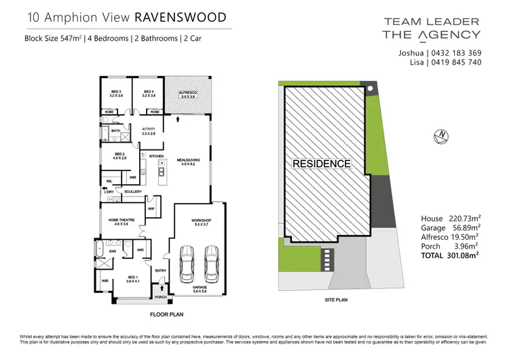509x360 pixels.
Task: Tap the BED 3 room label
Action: pos(116,92)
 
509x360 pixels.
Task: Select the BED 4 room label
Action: pos(149,92)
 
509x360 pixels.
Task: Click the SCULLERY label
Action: pos(132,192)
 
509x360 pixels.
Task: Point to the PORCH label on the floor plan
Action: pos(161,297)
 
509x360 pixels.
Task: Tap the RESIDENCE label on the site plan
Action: pos(321,164)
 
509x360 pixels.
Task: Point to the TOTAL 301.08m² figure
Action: pos(451,255)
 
